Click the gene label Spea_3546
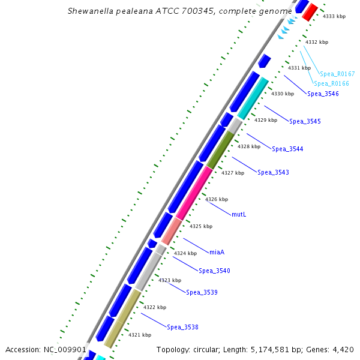pyautogui.click(x=323, y=94)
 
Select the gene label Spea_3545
pyautogui.click(x=305, y=121)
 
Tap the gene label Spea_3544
pyautogui.click(x=287, y=149)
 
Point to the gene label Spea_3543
pyautogui.click(x=273, y=173)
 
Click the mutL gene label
pyautogui.click(x=239, y=214)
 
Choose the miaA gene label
pyautogui.click(x=217, y=251)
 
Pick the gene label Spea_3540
pyautogui.click(x=214, y=271)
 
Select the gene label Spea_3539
pyautogui.click(x=202, y=292)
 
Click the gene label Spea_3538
pyautogui.click(x=182, y=327)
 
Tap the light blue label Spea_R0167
pyautogui.click(x=337, y=74)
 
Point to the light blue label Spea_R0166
pyautogui.click(x=331, y=83)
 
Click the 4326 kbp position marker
pyautogui.click(x=217, y=199)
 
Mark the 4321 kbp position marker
pyautogui.click(x=140, y=335)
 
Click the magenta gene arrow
pyautogui.click(x=194, y=193)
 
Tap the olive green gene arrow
pyautogui.click(x=220, y=149)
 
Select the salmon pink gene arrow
pyautogui.click(x=172, y=230)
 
